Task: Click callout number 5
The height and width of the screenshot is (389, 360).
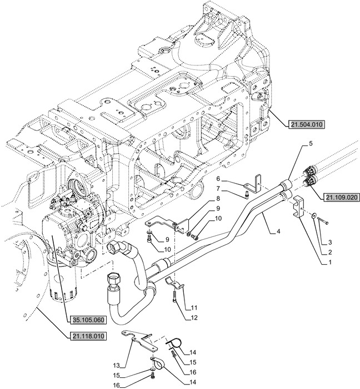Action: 311,144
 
